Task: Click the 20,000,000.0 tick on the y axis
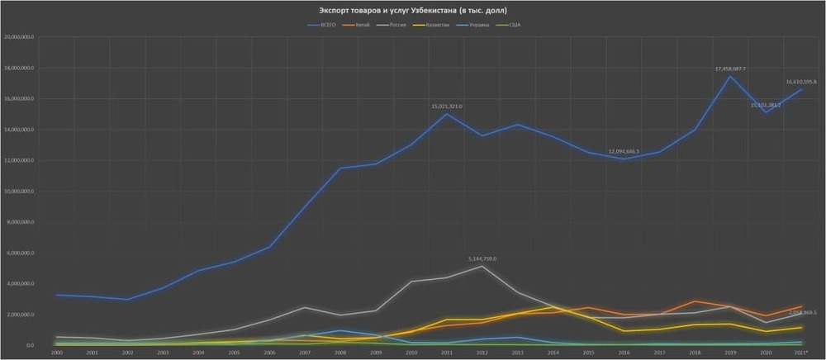tap(18, 37)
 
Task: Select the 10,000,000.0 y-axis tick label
tap(18, 192)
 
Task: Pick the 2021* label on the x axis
tap(800, 353)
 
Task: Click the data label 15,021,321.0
tap(446, 107)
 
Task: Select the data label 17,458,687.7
tap(730, 69)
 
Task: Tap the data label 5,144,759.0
tap(482, 259)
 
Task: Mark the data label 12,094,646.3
tap(624, 152)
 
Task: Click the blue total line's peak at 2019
tap(729, 77)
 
